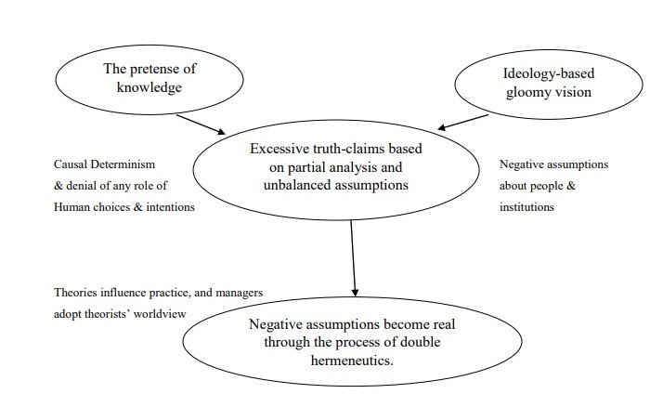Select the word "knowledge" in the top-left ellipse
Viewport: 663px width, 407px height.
pos(149,87)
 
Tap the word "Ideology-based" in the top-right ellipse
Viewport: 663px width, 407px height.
pos(549,73)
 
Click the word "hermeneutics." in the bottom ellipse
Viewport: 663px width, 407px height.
pos(352,360)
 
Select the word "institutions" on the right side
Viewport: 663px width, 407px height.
pos(526,207)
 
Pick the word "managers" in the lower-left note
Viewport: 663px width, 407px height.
pos(240,293)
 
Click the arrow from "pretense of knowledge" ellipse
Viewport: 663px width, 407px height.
pos(201,125)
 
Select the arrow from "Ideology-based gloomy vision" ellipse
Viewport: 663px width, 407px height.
pos(462,122)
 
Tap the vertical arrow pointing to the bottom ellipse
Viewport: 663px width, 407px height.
pos(353,258)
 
